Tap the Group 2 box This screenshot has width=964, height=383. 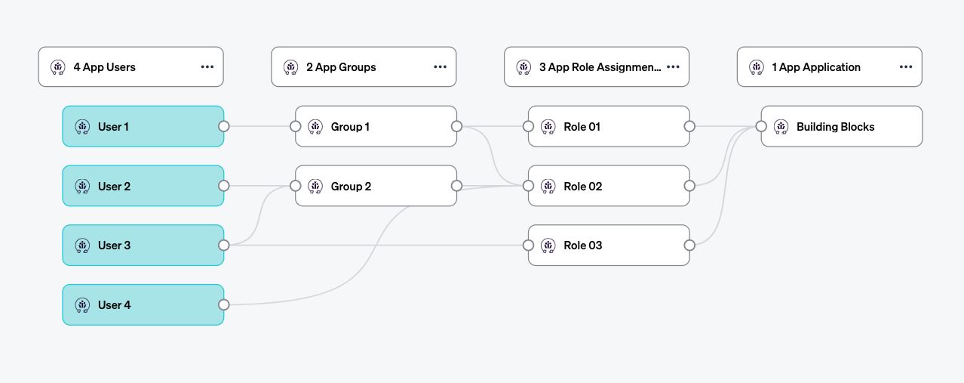pos(376,186)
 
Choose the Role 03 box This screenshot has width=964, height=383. pos(609,245)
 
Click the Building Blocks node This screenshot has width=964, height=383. pos(841,126)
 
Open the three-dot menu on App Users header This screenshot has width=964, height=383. pos(207,66)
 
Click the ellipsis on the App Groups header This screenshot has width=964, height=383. pos(441,66)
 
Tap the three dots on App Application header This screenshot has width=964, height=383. pos(906,66)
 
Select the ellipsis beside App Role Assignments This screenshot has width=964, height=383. pos(673,66)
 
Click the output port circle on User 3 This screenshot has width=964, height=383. pos(223,245)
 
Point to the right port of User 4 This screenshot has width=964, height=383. pos(223,304)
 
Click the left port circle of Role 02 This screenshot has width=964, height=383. pos(528,186)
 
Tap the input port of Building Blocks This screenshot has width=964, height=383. pos(761,126)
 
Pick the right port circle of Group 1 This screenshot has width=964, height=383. pos(456,126)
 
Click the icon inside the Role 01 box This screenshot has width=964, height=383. pos(548,126)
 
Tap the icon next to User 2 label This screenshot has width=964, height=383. pos(82,186)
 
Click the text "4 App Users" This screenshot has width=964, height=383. pos(105,66)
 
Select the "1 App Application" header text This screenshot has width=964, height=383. pos(815,66)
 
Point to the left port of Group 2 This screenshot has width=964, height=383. pos(295,186)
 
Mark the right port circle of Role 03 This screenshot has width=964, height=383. pos(689,245)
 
